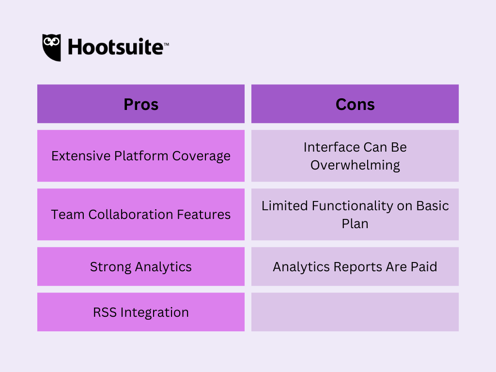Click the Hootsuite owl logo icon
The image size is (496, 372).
click(x=51, y=47)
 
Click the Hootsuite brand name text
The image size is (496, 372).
click(x=116, y=47)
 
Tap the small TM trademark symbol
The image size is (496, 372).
click(x=167, y=44)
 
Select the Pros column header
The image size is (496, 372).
click(x=141, y=104)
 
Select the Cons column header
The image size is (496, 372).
click(x=355, y=104)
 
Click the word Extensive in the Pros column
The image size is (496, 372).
click(x=81, y=155)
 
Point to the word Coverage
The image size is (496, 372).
click(x=201, y=156)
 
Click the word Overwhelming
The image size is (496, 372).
click(x=355, y=165)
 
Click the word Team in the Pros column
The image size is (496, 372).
click(x=68, y=215)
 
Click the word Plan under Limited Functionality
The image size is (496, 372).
click(x=355, y=224)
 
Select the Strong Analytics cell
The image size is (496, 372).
click(x=141, y=266)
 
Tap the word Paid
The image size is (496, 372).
click(x=424, y=267)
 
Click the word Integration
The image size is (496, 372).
click(x=155, y=312)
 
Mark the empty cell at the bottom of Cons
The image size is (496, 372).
click(x=355, y=312)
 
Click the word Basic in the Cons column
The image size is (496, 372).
click(x=433, y=205)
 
